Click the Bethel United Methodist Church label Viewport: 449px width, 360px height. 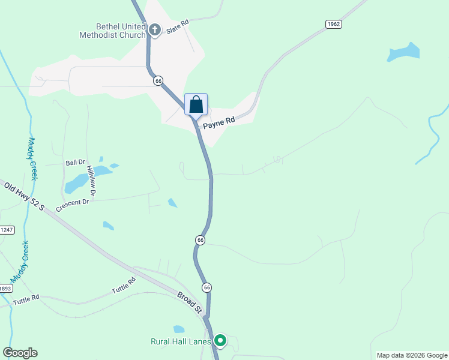[x=112, y=31]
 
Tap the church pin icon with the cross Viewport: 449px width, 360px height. [x=155, y=29]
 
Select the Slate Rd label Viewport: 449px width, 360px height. [x=178, y=23]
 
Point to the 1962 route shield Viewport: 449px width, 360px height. [x=334, y=24]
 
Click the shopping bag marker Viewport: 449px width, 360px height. [x=196, y=104]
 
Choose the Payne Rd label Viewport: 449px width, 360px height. [x=218, y=123]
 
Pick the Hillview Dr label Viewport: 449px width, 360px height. [x=91, y=181]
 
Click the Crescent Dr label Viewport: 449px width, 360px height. [x=72, y=205]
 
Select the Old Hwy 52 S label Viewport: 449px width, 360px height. [x=25, y=196]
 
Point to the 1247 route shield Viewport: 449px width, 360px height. [x=7, y=230]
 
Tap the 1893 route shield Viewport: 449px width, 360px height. [x=5, y=288]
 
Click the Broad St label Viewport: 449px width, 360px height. [x=190, y=302]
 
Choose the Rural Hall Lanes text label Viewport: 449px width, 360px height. [x=180, y=342]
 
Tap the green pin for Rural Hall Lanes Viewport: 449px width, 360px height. [x=220, y=341]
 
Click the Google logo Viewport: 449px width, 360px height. [x=20, y=353]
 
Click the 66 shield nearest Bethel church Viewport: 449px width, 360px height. [x=158, y=80]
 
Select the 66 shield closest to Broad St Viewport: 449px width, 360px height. [x=206, y=287]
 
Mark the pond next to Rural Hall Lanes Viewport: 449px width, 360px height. [x=178, y=329]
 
